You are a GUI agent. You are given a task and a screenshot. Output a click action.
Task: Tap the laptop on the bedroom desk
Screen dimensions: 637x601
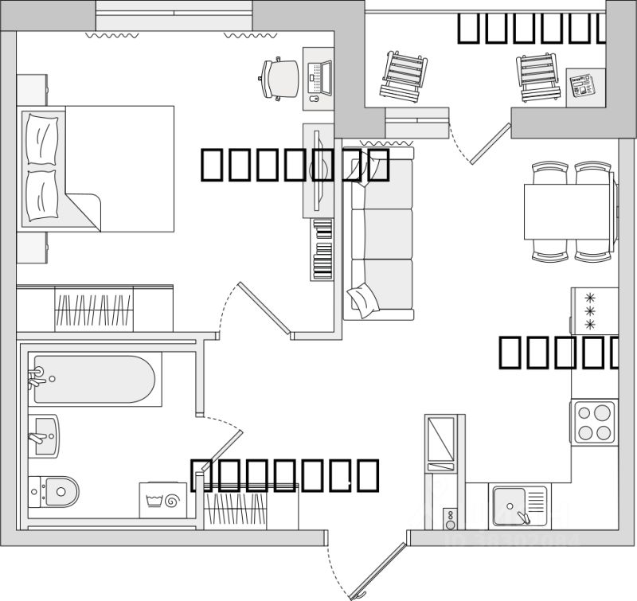(319, 77)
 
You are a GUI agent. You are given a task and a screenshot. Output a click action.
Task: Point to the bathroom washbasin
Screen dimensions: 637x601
(45, 436)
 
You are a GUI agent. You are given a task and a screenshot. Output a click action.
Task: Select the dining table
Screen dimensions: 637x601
(567, 212)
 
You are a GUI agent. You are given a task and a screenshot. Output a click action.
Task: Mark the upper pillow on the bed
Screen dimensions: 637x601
(42, 137)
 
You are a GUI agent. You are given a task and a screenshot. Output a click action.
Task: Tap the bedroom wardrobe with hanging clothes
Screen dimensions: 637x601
(94, 308)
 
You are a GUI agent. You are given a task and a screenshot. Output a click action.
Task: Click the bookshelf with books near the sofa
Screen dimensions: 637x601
(322, 248)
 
